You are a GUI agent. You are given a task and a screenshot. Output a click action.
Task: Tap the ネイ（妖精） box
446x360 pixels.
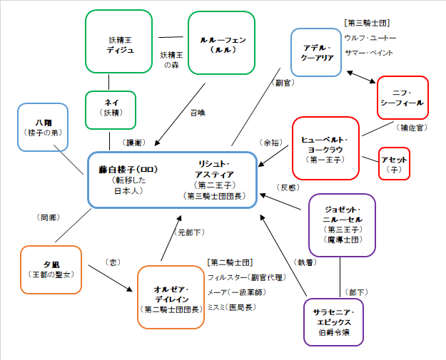(x=110, y=109)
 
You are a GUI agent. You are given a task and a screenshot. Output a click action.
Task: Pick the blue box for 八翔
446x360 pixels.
(x=42, y=127)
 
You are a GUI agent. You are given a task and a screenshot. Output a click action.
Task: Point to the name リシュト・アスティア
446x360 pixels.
(x=215, y=168)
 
